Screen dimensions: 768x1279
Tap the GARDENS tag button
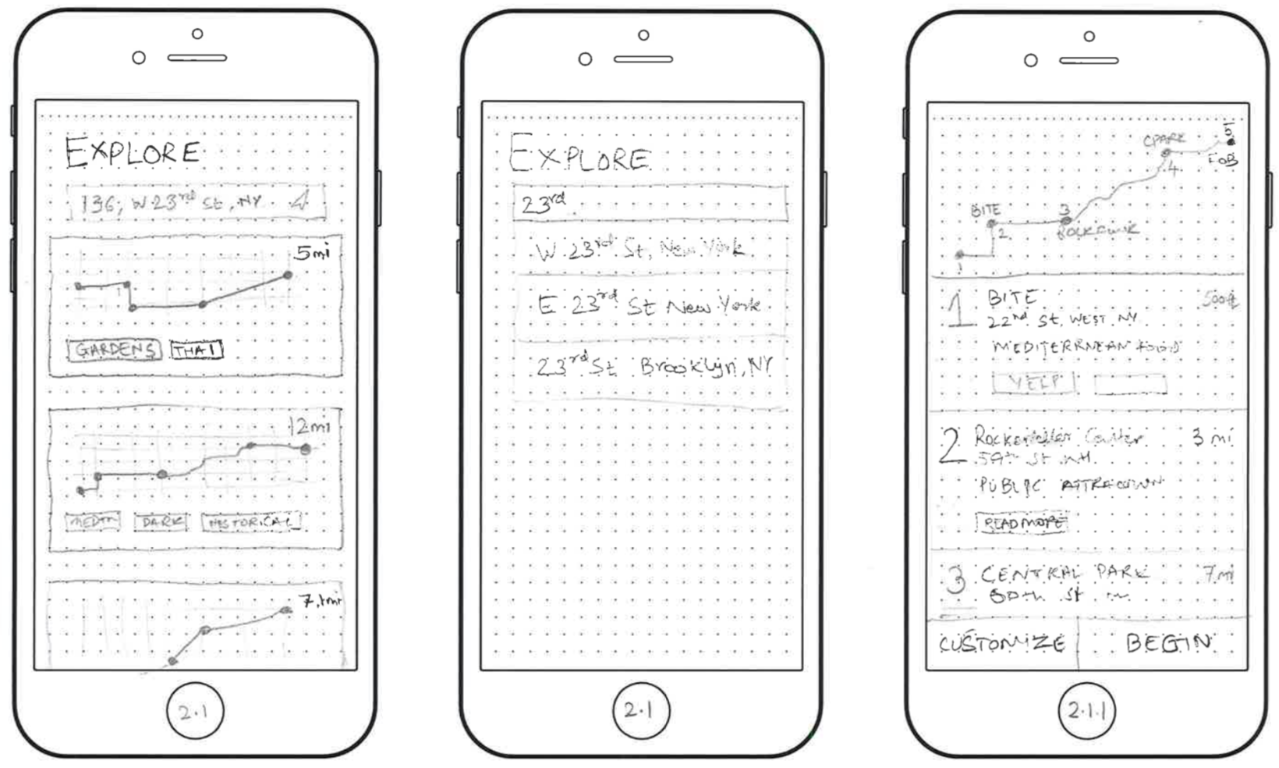[x=114, y=350]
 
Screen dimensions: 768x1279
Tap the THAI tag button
[x=197, y=350]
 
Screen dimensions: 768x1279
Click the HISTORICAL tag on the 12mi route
[x=250, y=522]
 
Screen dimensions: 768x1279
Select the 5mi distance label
[x=311, y=253]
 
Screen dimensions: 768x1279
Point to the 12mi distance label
[x=310, y=426]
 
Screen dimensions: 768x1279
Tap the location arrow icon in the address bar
[x=300, y=201]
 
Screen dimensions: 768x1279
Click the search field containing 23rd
[x=649, y=204]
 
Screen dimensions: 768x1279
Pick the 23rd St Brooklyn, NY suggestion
[x=654, y=366]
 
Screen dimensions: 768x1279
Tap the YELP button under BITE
[x=1033, y=382]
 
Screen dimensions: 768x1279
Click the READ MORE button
[x=1022, y=522]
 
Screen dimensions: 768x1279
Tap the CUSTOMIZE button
[x=1002, y=644]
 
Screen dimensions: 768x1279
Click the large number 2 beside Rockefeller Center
[x=951, y=446]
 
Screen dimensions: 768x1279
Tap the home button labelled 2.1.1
[x=1086, y=711]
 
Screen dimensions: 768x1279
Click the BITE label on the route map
[x=985, y=210]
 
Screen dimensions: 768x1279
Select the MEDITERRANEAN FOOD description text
[x=1084, y=347]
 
